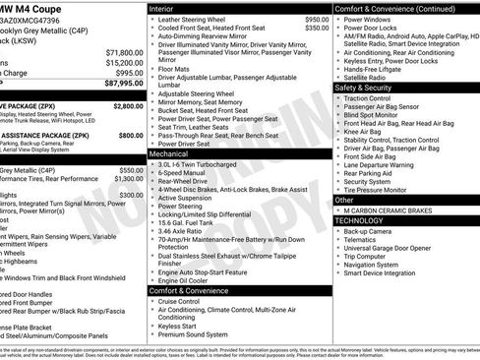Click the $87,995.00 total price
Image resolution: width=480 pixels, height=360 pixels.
pos(119,83)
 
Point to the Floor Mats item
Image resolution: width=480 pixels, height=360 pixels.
pos(174,69)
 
